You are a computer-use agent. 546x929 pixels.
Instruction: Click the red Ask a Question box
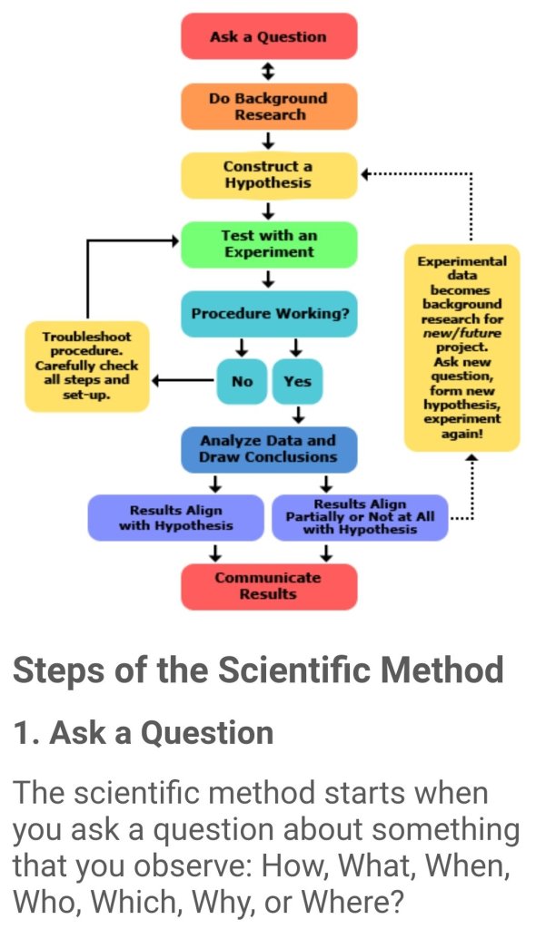click(x=268, y=37)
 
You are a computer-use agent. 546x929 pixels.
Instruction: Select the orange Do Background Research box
click(x=268, y=106)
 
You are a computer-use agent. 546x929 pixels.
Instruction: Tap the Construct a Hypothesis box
click(x=268, y=175)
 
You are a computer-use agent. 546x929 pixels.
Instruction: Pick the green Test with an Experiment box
click(x=268, y=244)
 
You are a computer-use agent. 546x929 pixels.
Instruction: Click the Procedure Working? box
click(x=268, y=314)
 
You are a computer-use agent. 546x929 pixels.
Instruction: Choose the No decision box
click(x=242, y=381)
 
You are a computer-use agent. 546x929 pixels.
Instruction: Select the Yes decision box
click(x=296, y=381)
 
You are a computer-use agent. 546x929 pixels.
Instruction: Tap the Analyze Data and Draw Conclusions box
click(x=268, y=449)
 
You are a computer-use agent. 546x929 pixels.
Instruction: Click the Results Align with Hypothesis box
click(x=175, y=518)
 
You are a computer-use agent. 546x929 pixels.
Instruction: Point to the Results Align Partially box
click(x=361, y=517)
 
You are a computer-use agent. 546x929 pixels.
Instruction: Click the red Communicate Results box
click(x=268, y=586)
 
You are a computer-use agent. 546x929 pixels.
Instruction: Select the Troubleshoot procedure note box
click(x=86, y=366)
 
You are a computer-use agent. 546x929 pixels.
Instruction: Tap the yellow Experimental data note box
click(x=462, y=347)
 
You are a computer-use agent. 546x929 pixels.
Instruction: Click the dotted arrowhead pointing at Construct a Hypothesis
click(x=365, y=173)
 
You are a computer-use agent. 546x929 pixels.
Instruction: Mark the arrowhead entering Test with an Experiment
click(x=174, y=240)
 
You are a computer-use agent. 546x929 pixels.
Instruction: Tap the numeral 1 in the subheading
click(x=21, y=733)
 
